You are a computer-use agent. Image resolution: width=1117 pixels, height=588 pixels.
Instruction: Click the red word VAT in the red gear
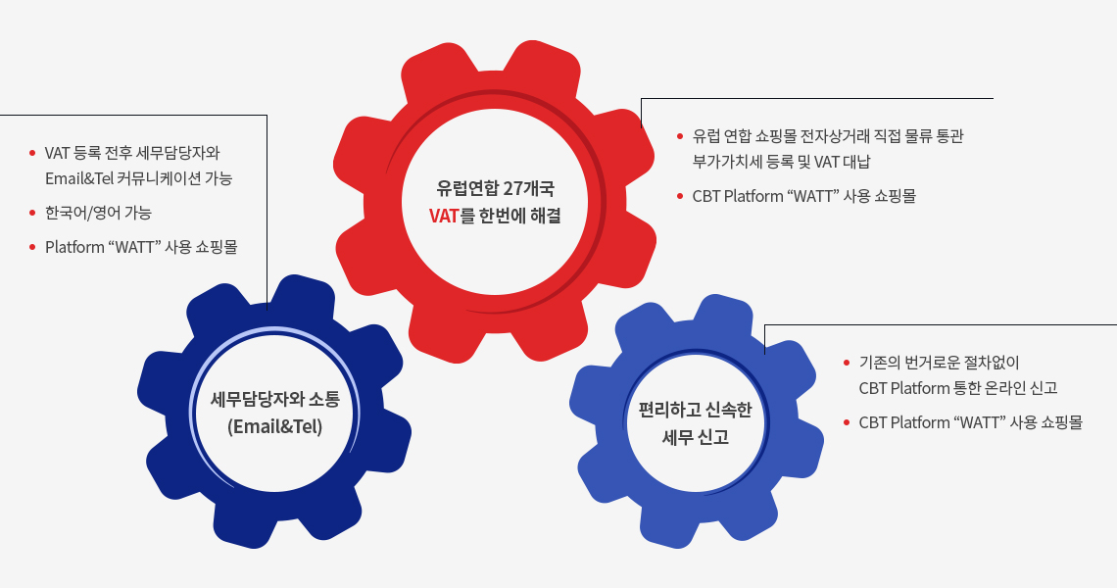[444, 216]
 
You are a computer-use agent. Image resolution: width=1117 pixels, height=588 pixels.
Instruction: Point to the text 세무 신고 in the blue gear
[696, 437]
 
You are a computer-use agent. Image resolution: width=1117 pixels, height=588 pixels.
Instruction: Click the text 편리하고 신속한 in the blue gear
[696, 410]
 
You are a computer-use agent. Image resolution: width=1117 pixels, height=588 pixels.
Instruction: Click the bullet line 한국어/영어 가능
[98, 213]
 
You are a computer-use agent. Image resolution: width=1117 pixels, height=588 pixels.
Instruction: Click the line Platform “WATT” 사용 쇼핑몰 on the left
[141, 247]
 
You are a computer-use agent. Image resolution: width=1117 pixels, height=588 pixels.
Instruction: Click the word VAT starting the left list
[58, 154]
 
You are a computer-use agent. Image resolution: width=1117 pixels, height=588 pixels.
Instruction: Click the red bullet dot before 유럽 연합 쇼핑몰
[680, 136]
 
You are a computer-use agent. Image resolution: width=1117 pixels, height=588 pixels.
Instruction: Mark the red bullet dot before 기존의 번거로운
[847, 363]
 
